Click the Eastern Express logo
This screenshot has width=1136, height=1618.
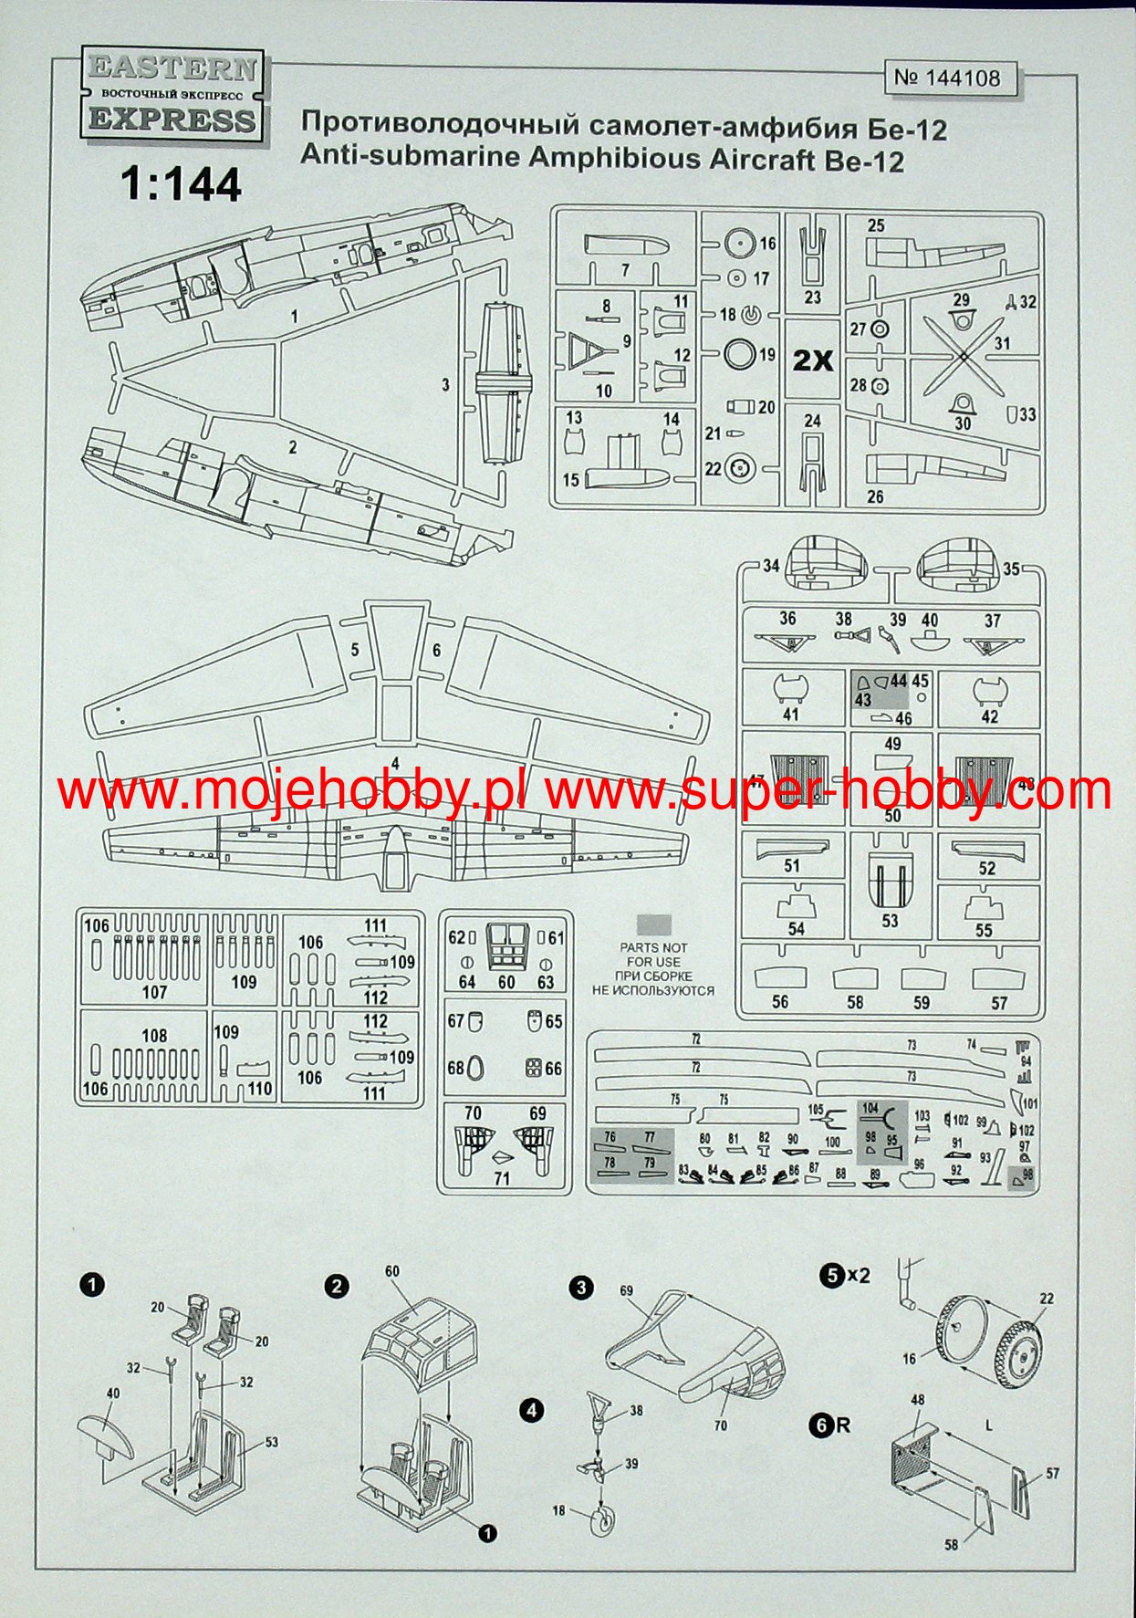point(172,95)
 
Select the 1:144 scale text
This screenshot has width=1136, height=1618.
point(181,184)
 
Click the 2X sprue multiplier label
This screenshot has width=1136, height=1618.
point(812,360)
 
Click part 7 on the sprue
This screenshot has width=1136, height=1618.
point(626,245)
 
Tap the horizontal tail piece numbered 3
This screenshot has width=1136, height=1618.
point(502,382)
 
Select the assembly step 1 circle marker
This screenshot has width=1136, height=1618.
point(92,1285)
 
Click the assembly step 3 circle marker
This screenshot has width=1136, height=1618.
point(580,1289)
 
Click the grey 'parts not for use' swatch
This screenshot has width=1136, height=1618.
point(653,924)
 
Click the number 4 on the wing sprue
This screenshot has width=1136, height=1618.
point(395,763)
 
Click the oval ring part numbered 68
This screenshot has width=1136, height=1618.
point(475,1069)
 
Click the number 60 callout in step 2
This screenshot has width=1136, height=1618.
point(392,1271)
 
